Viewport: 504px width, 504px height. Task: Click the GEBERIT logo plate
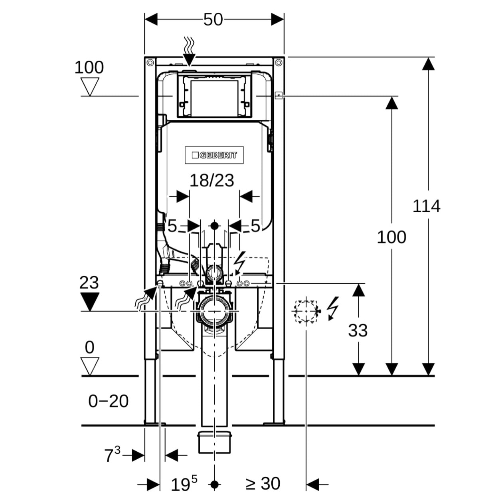point(214,155)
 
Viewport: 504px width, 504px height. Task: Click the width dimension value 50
point(213,20)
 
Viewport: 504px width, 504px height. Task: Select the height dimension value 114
point(426,206)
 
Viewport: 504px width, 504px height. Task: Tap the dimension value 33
point(358,330)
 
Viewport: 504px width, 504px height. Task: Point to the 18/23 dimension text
point(211,180)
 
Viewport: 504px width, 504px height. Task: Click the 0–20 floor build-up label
point(108,401)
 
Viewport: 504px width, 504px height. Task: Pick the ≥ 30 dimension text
point(263,484)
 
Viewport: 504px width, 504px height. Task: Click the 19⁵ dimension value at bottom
point(184,484)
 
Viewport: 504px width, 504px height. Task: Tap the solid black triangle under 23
point(89,301)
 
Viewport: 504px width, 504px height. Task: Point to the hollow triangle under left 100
point(90,86)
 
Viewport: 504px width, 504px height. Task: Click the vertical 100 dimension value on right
point(391,237)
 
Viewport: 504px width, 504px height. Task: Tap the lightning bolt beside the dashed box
point(332,308)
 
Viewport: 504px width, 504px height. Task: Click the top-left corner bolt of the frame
point(150,62)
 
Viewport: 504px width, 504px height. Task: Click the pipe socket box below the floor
point(215,442)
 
